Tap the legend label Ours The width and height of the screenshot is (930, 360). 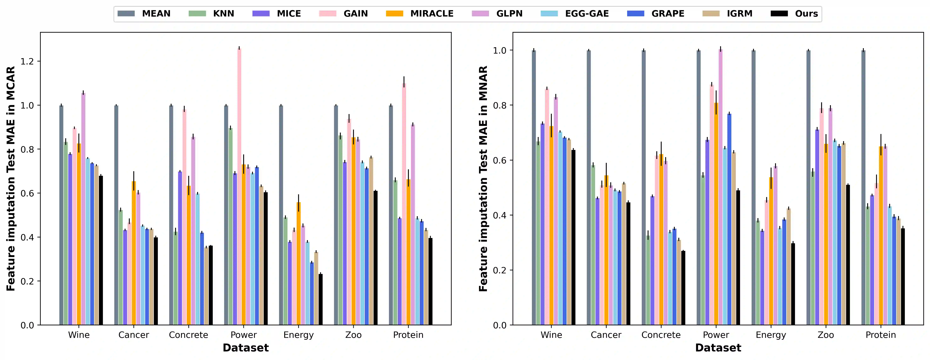click(x=806, y=14)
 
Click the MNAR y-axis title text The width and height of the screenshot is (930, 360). click(x=483, y=179)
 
